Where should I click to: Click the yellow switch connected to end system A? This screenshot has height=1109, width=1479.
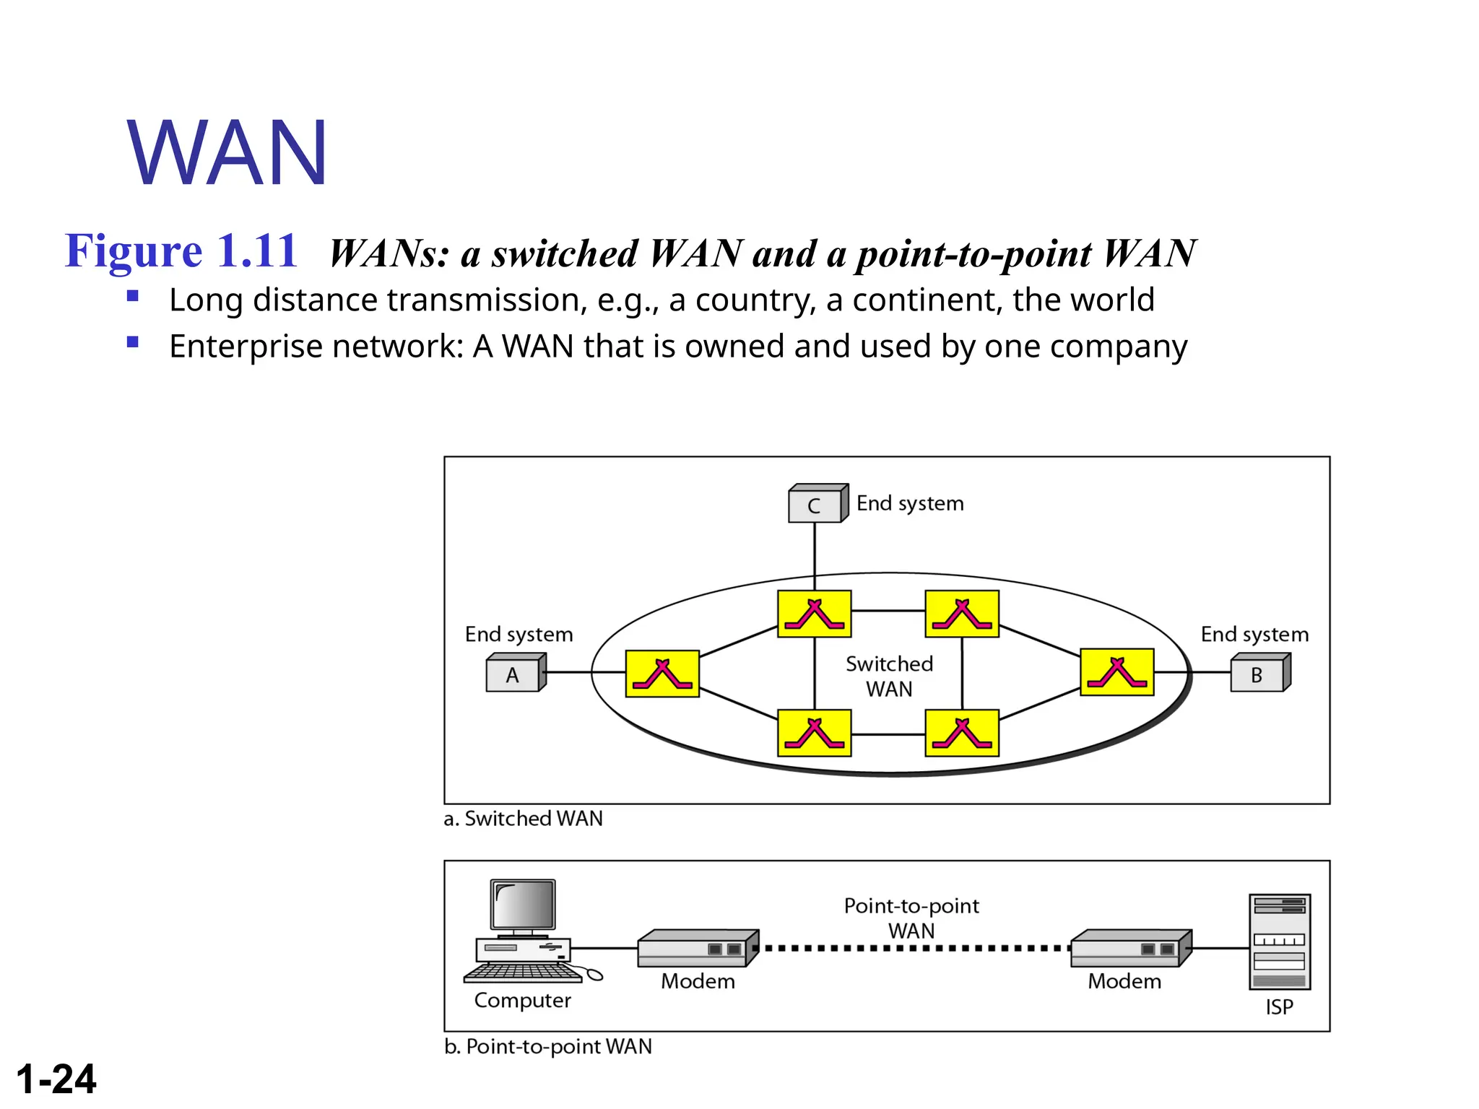pos(662,674)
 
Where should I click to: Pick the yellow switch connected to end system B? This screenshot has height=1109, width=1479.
pos(1116,672)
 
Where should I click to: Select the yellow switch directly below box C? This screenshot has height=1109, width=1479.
pos(814,614)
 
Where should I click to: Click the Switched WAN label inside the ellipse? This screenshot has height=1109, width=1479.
pos(889,676)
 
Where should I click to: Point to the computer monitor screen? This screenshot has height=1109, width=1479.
pos(523,905)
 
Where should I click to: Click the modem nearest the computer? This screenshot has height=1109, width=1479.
pos(697,949)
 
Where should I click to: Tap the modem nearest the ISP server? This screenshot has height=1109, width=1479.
pos(1129,949)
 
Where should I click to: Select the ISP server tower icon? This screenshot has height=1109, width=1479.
pos(1279,941)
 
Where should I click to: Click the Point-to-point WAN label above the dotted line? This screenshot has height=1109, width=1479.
pos(911,918)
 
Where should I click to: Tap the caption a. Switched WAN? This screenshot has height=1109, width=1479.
pos(524,819)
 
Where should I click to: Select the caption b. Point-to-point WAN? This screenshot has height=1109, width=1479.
pos(548,1046)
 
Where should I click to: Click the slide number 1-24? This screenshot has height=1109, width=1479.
pos(56,1079)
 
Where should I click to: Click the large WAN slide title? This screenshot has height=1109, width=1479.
pos(227,153)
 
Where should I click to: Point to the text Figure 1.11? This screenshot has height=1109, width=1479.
pos(181,251)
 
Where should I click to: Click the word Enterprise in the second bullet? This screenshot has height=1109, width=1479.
pos(242,347)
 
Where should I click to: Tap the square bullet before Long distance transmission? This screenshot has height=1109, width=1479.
pos(132,295)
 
